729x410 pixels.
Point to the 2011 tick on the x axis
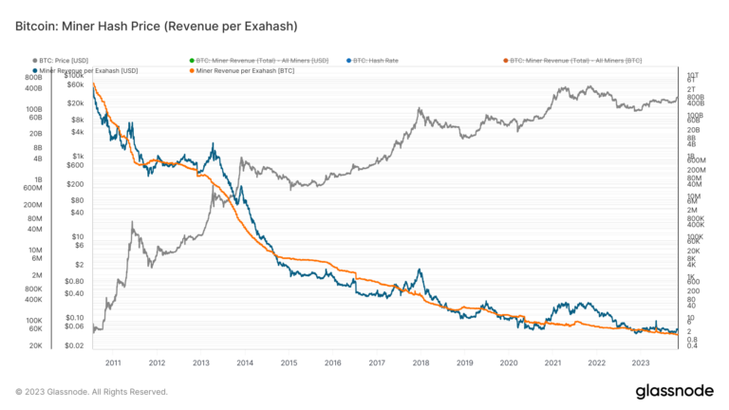113,363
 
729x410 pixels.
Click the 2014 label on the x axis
244,363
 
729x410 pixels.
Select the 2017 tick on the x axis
376,363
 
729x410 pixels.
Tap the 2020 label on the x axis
508,363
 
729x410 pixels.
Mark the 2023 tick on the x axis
640,363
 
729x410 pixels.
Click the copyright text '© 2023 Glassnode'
91,391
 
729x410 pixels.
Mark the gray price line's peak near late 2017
418,109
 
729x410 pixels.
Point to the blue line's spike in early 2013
215,144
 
